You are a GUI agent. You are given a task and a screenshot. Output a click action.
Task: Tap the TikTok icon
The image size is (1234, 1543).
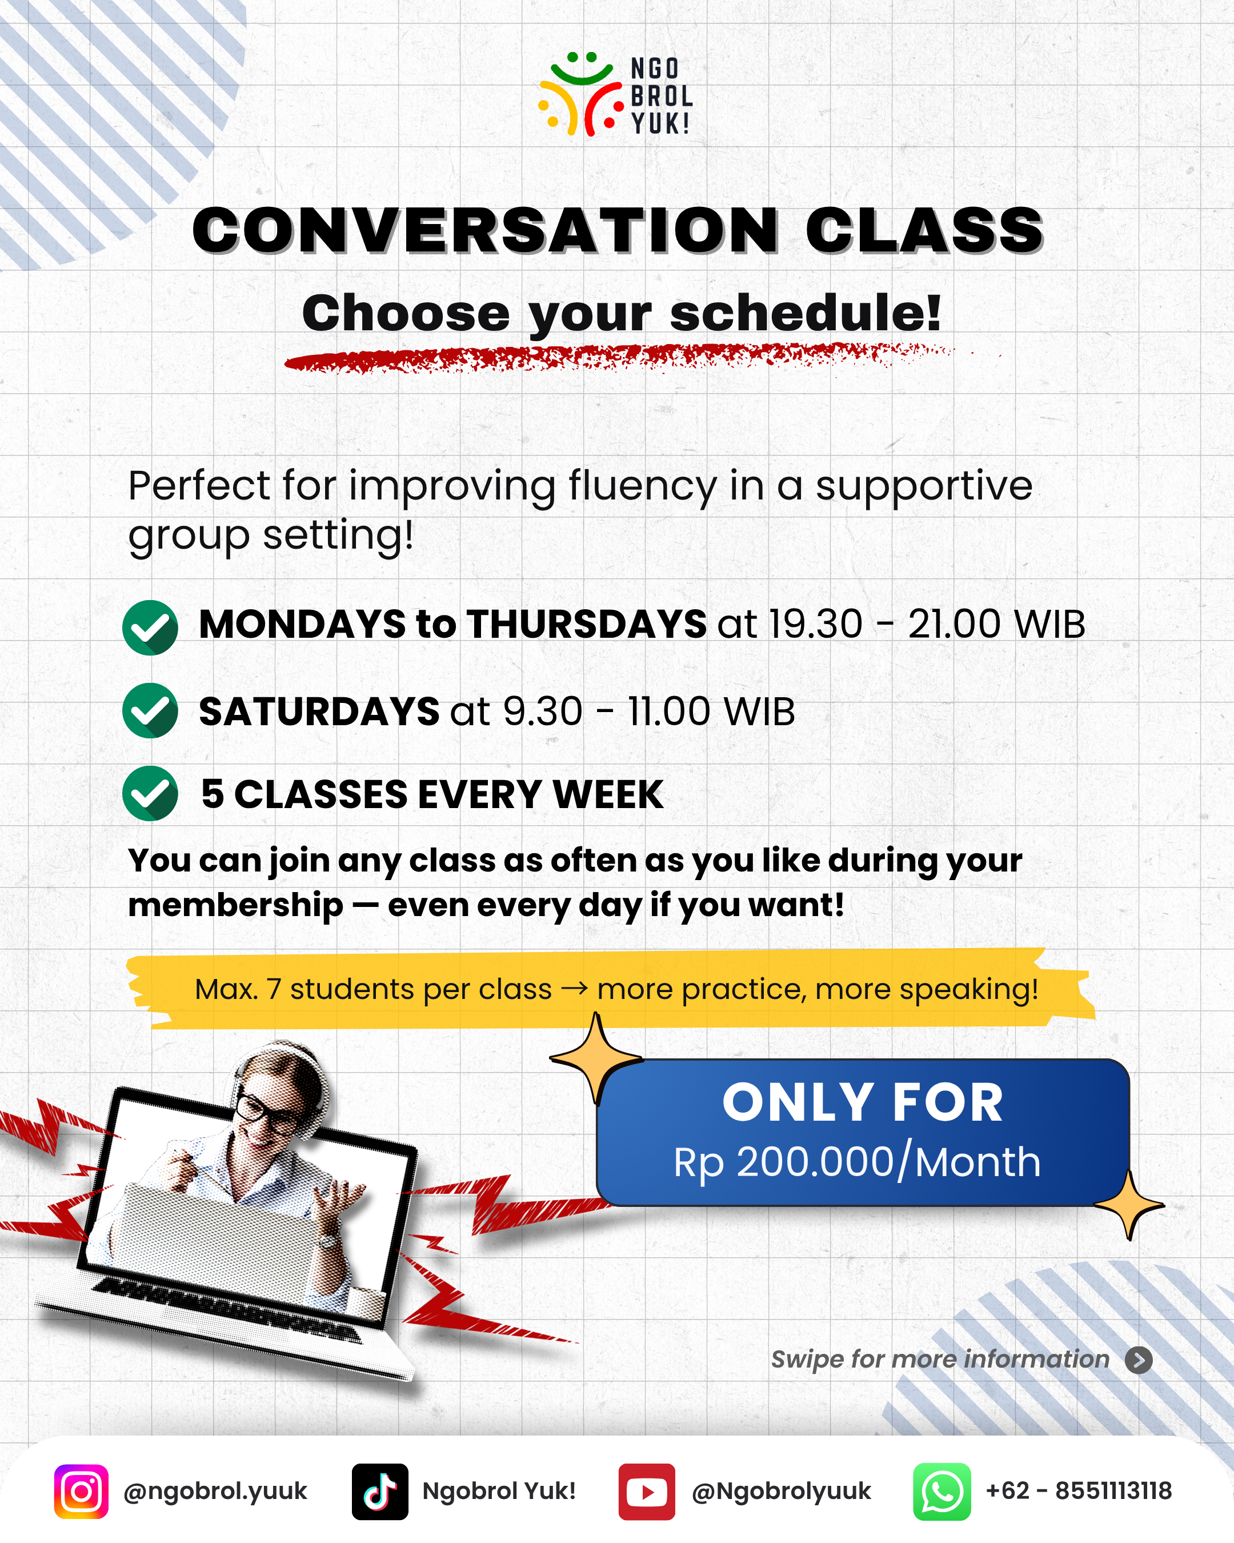380,1492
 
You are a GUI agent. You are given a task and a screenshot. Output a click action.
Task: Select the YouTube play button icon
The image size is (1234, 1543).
647,1492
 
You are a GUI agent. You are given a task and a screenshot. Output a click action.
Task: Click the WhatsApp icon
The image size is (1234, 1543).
942,1492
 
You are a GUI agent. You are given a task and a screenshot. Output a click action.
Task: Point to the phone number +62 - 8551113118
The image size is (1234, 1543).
1079,1491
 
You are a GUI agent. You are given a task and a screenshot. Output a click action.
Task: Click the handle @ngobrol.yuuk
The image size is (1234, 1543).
215,1492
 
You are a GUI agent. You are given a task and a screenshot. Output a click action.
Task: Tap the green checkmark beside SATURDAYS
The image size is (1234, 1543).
150,711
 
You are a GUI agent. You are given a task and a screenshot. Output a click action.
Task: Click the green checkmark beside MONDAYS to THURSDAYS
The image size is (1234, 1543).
150,627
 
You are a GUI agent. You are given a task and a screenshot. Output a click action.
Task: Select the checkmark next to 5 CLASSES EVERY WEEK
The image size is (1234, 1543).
150,793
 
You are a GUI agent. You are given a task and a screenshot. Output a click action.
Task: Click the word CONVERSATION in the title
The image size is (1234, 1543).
486,230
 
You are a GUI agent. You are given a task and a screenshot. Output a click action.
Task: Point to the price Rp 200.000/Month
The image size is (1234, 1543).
857,1162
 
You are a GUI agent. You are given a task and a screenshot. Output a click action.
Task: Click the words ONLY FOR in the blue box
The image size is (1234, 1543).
863,1102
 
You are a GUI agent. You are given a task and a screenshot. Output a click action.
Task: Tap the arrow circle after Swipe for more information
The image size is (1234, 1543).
1139,1360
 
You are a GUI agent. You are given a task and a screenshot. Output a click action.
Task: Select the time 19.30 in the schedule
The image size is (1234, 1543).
815,624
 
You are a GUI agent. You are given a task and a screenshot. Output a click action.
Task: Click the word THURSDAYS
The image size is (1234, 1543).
587,624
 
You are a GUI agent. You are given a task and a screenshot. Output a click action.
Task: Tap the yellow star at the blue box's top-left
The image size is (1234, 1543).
596,1058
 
